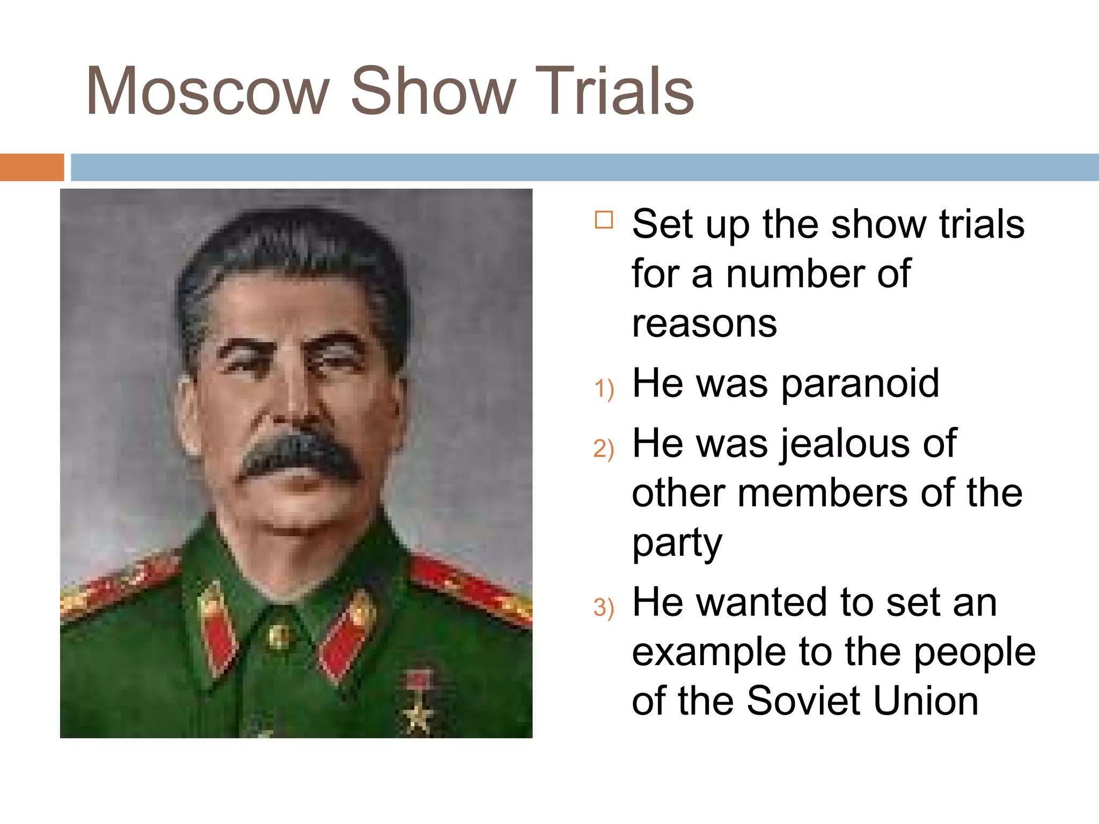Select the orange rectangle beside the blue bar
click(32, 167)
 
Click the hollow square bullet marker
click(604, 220)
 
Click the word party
click(677, 543)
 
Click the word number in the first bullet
click(794, 274)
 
